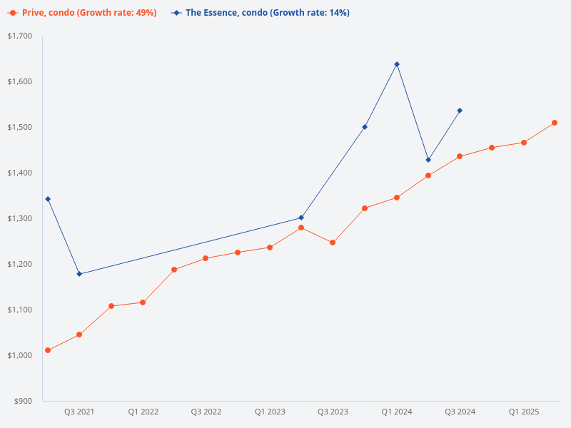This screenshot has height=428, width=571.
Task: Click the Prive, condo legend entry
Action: coord(82,13)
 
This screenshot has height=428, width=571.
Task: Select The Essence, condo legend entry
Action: coord(261,13)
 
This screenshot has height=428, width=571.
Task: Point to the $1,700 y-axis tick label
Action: coord(20,36)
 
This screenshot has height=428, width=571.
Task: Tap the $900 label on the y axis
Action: coord(23,401)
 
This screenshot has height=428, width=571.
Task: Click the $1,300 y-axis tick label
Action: coord(20,218)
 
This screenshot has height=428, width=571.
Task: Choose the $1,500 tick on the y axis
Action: coord(20,127)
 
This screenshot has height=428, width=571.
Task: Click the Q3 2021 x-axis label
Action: coord(79,412)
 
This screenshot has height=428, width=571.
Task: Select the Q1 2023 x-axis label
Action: coord(270,412)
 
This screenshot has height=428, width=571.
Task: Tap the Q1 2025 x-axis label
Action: coord(524,412)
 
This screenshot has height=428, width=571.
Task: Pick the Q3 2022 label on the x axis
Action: coord(206,412)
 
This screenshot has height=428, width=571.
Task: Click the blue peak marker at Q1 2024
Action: coord(397,64)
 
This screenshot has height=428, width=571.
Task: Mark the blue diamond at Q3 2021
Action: coord(79,274)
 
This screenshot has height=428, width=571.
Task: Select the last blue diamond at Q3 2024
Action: coord(460,111)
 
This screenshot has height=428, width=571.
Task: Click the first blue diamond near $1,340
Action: coord(48,199)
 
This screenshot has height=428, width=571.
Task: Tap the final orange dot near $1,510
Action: coord(555,123)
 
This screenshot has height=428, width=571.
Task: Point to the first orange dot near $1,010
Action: coord(48,350)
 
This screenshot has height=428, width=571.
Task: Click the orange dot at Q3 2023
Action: coord(333,243)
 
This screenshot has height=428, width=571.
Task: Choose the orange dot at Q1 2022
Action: coord(143,302)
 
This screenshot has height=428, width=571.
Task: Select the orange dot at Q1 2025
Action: coord(524,143)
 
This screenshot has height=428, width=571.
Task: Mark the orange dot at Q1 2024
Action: coord(397,198)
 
